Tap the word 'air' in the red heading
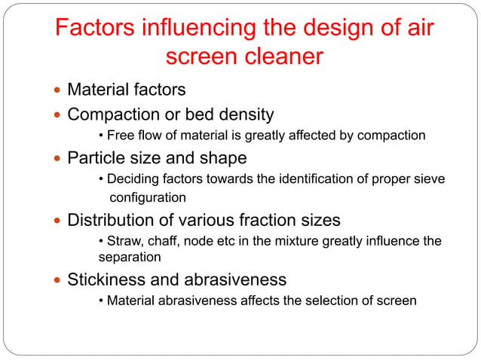[x=415, y=29]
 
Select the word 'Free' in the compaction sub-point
[x=121, y=136]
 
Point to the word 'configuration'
[x=149, y=197]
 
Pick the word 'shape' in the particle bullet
[x=223, y=159]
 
